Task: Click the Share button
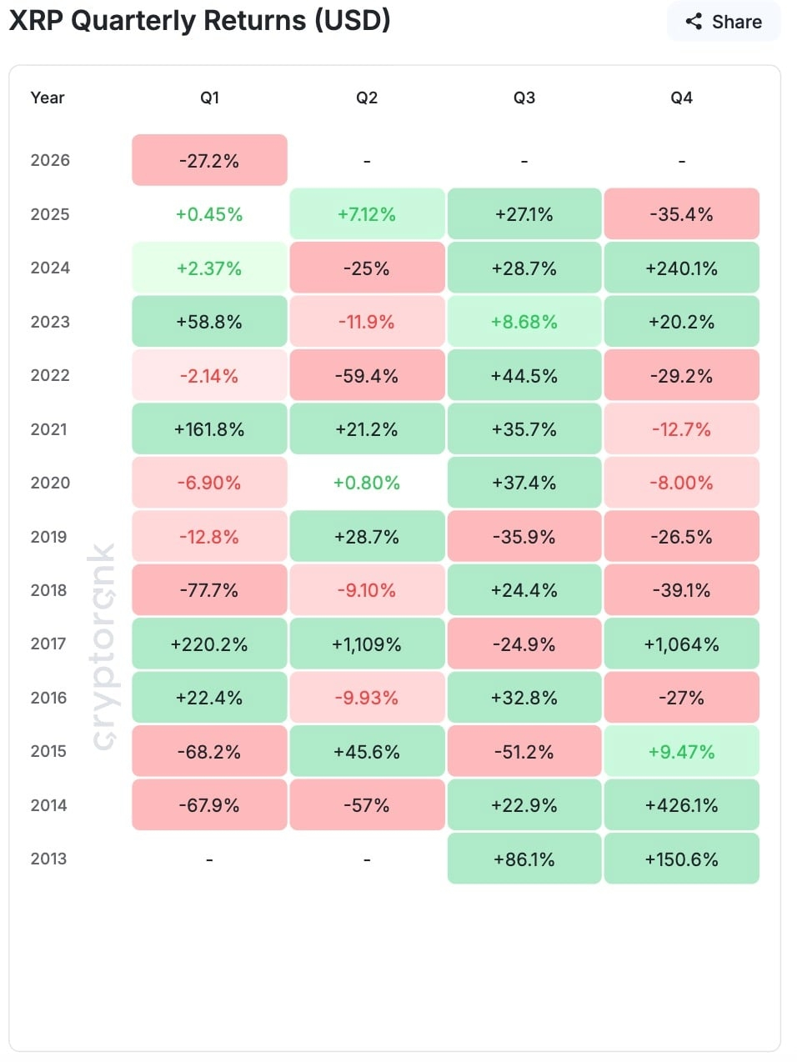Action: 723,22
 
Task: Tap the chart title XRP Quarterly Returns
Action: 199,20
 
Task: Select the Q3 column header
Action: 524,98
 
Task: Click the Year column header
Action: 48,98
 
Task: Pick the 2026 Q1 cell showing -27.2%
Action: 209,161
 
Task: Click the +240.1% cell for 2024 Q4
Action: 681,268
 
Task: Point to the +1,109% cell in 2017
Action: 367,644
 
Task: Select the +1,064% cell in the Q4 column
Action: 681,644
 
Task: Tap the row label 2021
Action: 49,429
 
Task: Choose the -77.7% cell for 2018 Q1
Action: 209,590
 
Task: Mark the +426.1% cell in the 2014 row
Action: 681,805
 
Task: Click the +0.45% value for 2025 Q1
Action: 209,214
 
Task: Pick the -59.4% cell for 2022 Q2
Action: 367,376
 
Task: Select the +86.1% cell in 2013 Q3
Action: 524,859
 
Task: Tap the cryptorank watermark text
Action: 103,646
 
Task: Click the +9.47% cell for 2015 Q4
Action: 681,752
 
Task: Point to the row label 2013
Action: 49,859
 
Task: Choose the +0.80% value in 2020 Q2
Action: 367,483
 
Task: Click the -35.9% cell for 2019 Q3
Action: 524,537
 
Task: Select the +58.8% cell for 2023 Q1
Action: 209,322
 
